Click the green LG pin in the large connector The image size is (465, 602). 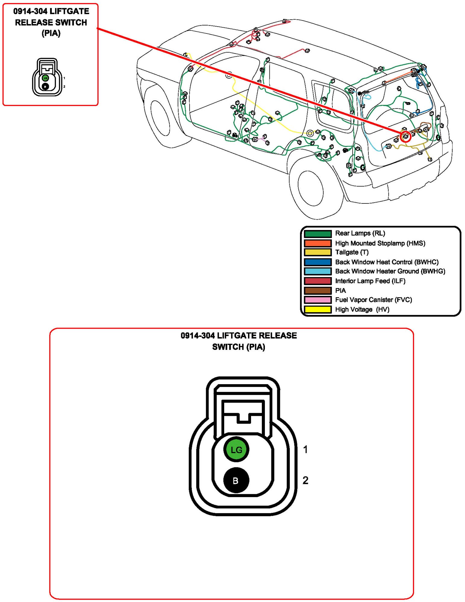pyautogui.click(x=236, y=450)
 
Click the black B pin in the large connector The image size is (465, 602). pyautogui.click(x=236, y=481)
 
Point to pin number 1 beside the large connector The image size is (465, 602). pyautogui.click(x=305, y=450)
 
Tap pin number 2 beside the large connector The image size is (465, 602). pyautogui.click(x=305, y=480)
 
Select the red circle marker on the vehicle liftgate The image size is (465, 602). pyautogui.click(x=405, y=136)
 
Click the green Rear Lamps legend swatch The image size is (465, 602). pyautogui.click(x=318, y=234)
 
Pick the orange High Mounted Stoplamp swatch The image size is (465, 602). pyautogui.click(x=318, y=243)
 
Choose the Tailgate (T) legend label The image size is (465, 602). pyautogui.click(x=352, y=252)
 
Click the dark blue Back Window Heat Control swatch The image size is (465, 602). pyautogui.click(x=318, y=262)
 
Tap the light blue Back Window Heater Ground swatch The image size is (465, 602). pyautogui.click(x=318, y=271)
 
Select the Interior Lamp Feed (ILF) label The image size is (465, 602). pyautogui.click(x=370, y=281)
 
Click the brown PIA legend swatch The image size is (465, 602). pyautogui.click(x=318, y=290)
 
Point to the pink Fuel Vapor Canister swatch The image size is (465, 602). pyautogui.click(x=318, y=300)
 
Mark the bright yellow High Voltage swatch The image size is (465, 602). pyautogui.click(x=318, y=309)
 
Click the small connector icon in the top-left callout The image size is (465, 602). pyautogui.click(x=47, y=77)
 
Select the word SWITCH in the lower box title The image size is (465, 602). pyautogui.click(x=228, y=347)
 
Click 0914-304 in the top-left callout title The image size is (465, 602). pyautogui.click(x=30, y=11)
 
